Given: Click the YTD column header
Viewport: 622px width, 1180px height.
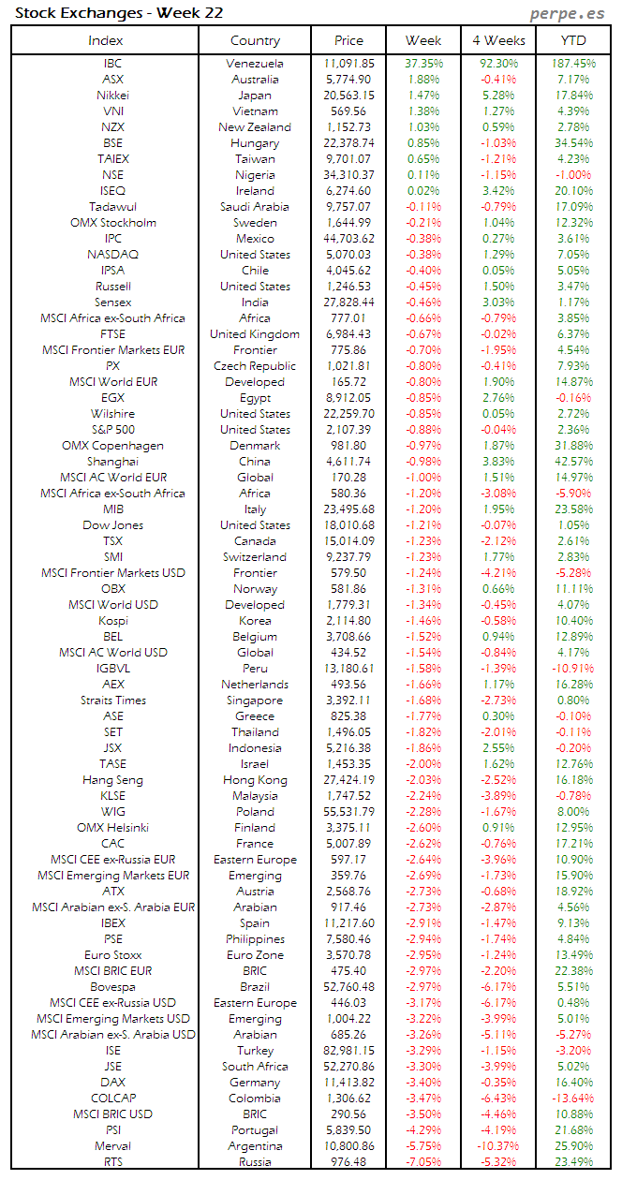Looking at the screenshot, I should (573, 40).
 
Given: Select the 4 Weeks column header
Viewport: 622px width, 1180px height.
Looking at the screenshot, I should (498, 40).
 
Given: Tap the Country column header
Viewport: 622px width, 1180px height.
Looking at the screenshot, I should (255, 40).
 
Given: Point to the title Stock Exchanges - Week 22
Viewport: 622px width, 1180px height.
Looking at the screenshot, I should (119, 13).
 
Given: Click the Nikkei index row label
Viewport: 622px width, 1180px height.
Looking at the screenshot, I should (112, 96).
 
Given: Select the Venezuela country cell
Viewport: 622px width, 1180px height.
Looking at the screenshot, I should (255, 64).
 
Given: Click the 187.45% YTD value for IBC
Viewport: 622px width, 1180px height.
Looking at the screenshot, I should (573, 64).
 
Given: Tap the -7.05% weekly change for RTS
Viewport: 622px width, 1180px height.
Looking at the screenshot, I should (423, 1162).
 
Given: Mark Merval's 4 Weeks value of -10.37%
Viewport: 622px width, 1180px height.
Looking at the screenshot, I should (498, 1146).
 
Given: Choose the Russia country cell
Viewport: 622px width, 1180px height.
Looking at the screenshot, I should (255, 1162).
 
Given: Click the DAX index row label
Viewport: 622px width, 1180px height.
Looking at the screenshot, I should (112, 1083).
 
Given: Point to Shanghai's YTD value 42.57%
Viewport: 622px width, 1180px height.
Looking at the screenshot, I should (573, 462).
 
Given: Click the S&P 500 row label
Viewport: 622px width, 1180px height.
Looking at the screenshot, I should (112, 430).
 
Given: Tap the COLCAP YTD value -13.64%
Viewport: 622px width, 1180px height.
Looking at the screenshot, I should (573, 1099).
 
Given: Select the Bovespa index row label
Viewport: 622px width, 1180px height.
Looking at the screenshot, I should (112, 987).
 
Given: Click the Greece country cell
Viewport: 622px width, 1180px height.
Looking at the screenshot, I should (255, 716).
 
